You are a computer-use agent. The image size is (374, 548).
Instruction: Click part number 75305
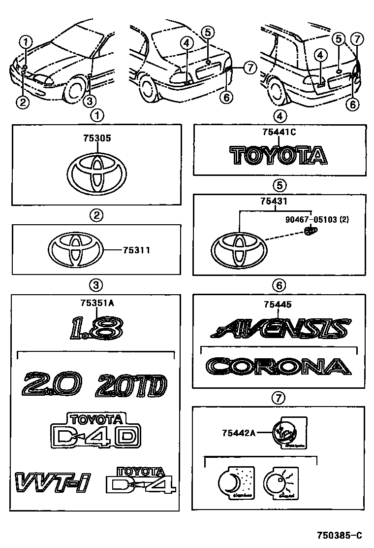(96, 139)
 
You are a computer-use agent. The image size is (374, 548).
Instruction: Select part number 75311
(134, 250)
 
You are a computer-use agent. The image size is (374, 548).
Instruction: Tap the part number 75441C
(279, 132)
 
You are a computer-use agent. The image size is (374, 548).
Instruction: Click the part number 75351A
(97, 304)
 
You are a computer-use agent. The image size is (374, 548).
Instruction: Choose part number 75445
(278, 305)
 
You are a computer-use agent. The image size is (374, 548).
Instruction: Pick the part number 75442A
(239, 433)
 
